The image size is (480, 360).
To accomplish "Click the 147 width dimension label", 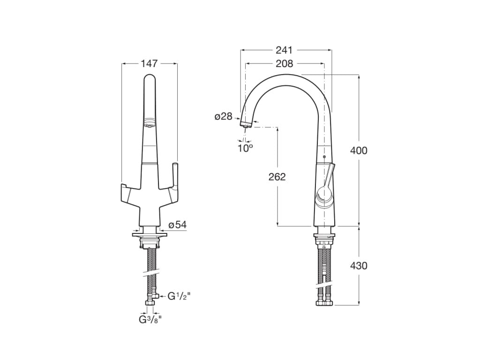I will pyautogui.click(x=149, y=64).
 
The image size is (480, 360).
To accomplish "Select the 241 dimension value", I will pyautogui.click(x=284, y=50).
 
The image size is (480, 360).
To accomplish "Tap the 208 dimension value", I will pyautogui.click(x=284, y=64).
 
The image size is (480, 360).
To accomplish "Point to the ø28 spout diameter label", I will pyautogui.click(x=224, y=117).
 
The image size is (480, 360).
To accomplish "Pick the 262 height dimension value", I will pyautogui.click(x=277, y=177).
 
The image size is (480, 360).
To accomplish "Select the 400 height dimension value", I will pyautogui.click(x=359, y=150).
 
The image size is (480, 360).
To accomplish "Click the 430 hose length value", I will pyautogui.click(x=359, y=266).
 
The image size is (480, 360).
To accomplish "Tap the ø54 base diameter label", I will pyautogui.click(x=177, y=225).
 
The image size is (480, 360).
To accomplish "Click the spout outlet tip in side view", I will pyautogui.click(x=245, y=124).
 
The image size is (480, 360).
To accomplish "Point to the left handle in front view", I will pyautogui.click(x=127, y=193).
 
